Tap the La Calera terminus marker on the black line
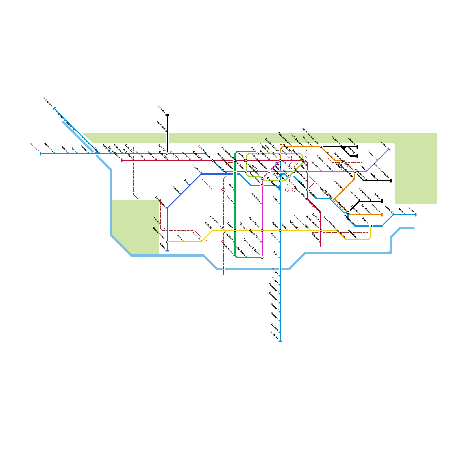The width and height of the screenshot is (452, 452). (x=167, y=115)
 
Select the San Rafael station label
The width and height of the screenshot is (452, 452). (x=161, y=125)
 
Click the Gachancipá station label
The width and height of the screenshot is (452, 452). (x=47, y=101)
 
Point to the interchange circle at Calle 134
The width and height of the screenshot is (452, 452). (x=167, y=154)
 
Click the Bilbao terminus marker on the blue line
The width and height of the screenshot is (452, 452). (x=167, y=251)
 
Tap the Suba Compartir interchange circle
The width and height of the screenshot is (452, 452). (x=167, y=242)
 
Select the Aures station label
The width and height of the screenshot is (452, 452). (x=180, y=237)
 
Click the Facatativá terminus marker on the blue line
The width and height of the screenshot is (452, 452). (x=280, y=341)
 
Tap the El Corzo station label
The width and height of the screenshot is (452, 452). (x=275, y=327)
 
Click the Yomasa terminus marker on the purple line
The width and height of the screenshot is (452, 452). (x=389, y=149)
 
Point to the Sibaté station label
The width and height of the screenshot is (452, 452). (x=411, y=210)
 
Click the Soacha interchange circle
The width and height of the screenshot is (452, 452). (x=371, y=226)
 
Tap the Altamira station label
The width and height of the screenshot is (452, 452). (x=351, y=141)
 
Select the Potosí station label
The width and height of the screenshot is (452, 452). (x=377, y=196)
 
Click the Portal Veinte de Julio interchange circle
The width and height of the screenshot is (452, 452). (x=321, y=147)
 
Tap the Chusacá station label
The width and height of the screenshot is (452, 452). (x=389, y=209)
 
